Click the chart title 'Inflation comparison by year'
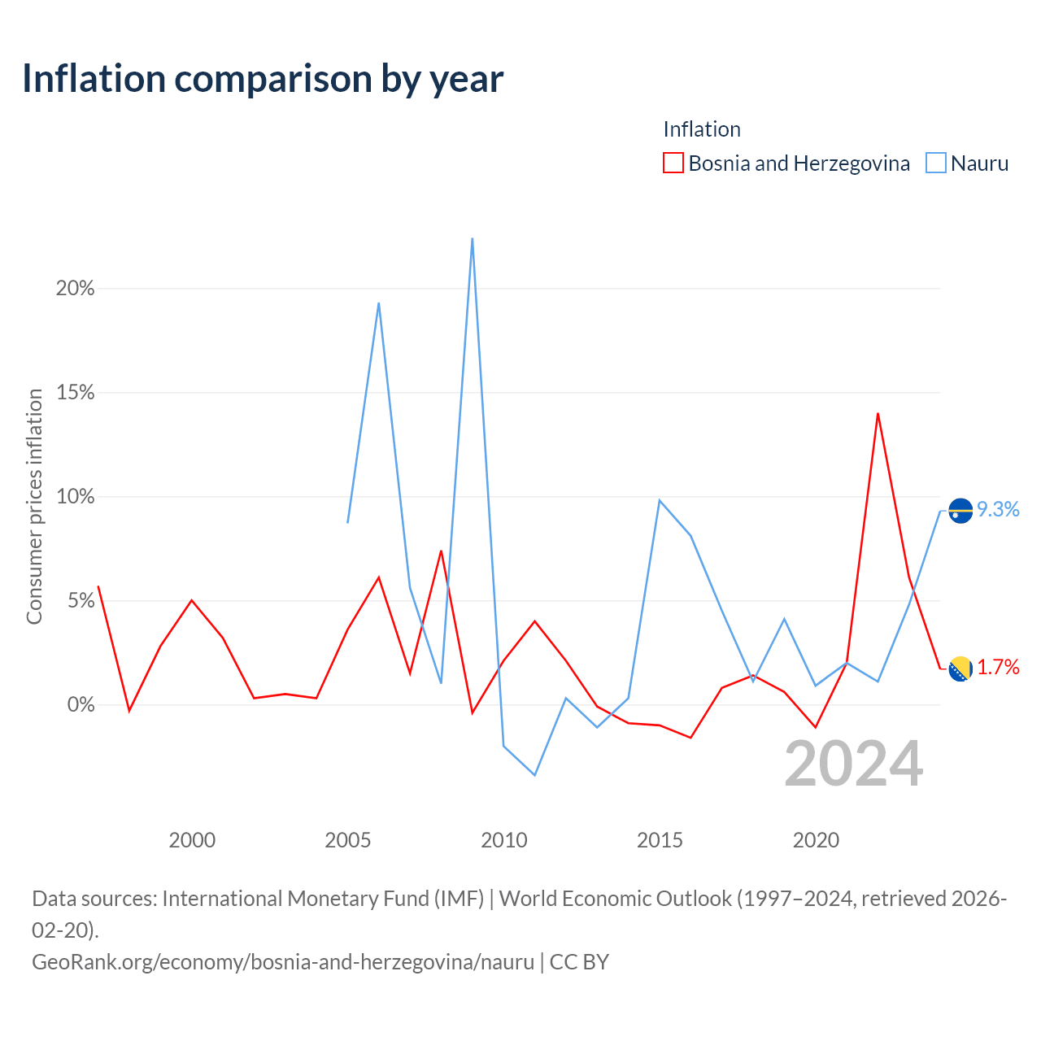(263, 79)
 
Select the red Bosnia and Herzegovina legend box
(673, 163)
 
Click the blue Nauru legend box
(935, 163)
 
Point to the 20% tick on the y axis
(75, 289)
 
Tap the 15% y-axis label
(75, 392)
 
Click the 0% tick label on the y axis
(81, 704)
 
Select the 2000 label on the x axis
(192, 840)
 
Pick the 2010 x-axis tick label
(503, 840)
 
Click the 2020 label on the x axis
(816, 840)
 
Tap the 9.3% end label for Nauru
(998, 509)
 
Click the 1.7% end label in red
(998, 667)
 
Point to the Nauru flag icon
(960, 511)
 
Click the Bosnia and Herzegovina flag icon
(960, 669)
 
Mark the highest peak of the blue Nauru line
(473, 239)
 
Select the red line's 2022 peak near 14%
(878, 414)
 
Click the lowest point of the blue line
(535, 775)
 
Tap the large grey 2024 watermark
(854, 764)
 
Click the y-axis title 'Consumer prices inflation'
(34, 506)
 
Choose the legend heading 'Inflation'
(702, 129)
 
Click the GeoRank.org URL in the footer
(283, 962)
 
